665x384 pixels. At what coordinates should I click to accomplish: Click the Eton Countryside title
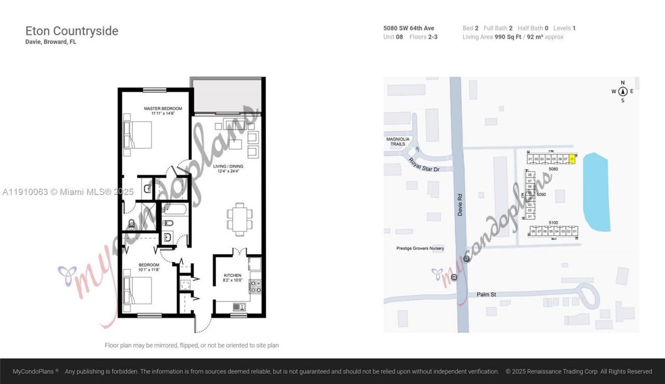pyautogui.click(x=72, y=31)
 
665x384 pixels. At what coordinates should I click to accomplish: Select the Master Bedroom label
pyautogui.click(x=163, y=109)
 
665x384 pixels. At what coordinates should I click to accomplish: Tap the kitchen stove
pyautogui.click(x=255, y=286)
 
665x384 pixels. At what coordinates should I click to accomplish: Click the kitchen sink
pyautogui.click(x=239, y=306)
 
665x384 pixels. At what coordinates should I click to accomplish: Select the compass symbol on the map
pyautogui.click(x=622, y=91)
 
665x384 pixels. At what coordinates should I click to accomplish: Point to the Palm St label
pyautogui.click(x=486, y=295)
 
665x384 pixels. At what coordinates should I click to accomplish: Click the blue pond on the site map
pyautogui.click(x=596, y=192)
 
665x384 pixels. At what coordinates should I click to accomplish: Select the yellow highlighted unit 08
pyautogui.click(x=572, y=159)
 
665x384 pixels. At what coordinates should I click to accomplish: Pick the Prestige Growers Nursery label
pyautogui.click(x=420, y=249)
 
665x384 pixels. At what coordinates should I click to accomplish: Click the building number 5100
pyautogui.click(x=553, y=223)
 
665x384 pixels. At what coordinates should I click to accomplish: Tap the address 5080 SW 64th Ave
pyautogui.click(x=408, y=28)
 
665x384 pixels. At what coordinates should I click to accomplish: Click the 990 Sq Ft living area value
pyautogui.click(x=508, y=37)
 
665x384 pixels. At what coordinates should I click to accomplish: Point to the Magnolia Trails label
pyautogui.click(x=398, y=142)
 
